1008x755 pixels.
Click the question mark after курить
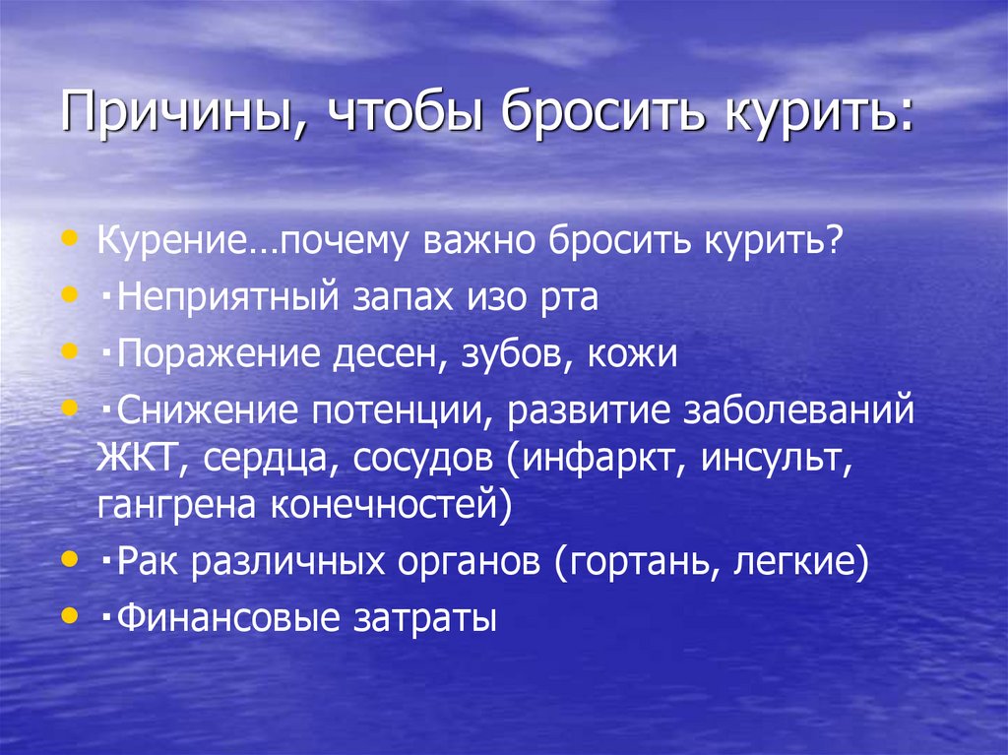click(835, 242)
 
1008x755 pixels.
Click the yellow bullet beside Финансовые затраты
click(68, 615)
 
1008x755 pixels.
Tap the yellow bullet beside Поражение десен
click(68, 349)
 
